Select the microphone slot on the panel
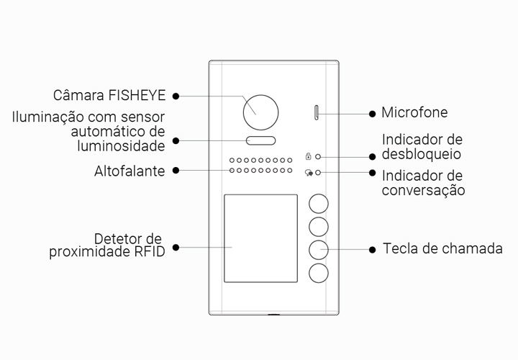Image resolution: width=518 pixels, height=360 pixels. [316, 112]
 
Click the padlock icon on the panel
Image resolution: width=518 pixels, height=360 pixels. [308, 156]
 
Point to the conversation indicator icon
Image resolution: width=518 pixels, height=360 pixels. [308, 173]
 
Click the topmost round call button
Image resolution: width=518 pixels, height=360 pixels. [319, 204]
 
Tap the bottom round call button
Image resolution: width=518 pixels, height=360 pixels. [319, 273]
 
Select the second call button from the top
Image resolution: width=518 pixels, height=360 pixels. [319, 227]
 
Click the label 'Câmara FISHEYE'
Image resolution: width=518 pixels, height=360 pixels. [109, 95]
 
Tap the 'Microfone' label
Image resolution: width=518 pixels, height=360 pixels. [414, 112]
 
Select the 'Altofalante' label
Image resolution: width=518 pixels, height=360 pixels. [129, 171]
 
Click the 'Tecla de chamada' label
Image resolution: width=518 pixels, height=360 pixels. [442, 248]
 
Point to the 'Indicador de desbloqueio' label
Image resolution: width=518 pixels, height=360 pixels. [422, 147]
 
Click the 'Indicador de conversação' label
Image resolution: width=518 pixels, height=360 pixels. [423, 183]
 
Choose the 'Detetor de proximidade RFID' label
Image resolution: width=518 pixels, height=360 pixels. [108, 245]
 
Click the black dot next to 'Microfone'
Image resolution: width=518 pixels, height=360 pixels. [372, 113]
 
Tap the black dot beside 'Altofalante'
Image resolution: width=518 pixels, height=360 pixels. [176, 171]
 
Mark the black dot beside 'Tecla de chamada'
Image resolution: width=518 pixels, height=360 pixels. [372, 249]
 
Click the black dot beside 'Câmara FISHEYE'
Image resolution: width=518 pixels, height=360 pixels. [176, 95]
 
